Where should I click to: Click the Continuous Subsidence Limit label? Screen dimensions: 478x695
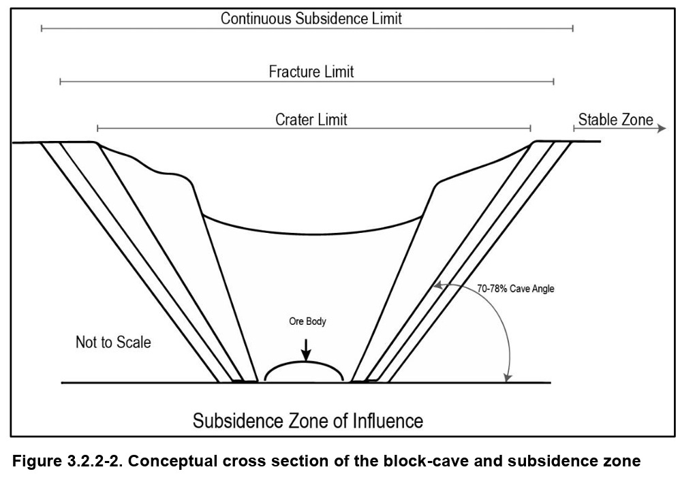coord(311,18)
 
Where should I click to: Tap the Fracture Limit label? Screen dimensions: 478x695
coord(311,71)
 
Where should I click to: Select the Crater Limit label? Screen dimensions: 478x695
coord(311,120)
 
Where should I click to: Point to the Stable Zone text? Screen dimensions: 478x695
coord(615,121)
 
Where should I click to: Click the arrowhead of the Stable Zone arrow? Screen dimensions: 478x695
coord(662,128)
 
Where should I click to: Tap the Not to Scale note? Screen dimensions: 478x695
coord(113,342)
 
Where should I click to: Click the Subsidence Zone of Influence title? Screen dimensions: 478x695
coord(307,419)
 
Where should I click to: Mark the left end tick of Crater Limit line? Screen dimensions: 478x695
coord(97,128)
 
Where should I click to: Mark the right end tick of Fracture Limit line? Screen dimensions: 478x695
coord(554,81)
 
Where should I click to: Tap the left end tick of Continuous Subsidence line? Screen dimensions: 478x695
coord(42,28)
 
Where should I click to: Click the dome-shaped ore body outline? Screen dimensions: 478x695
coord(304,365)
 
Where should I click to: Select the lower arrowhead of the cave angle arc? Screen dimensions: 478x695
coord(506,377)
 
